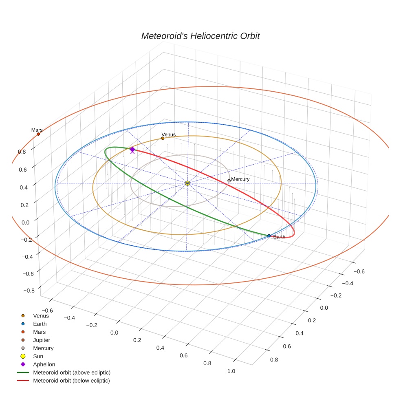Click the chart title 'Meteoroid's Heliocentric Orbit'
click(x=200, y=36)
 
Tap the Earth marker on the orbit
click(x=269, y=236)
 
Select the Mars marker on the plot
click(x=38, y=134)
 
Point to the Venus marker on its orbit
click(x=163, y=138)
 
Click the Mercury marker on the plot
click(x=229, y=181)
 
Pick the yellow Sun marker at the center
click(x=187, y=183)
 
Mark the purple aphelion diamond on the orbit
click(x=132, y=150)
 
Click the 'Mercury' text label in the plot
click(x=240, y=179)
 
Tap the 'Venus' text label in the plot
click(x=168, y=134)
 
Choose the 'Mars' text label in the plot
click(x=37, y=130)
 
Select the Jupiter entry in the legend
click(x=42, y=340)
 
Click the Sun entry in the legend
click(x=38, y=356)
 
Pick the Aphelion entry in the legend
click(x=44, y=364)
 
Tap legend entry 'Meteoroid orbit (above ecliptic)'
click(x=72, y=372)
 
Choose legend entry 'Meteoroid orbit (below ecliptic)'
click(x=71, y=381)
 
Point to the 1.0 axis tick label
click(x=231, y=371)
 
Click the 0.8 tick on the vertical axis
click(x=22, y=152)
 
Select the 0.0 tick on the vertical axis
click(x=25, y=222)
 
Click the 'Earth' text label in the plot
click(x=280, y=237)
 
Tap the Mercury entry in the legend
click(x=43, y=348)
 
